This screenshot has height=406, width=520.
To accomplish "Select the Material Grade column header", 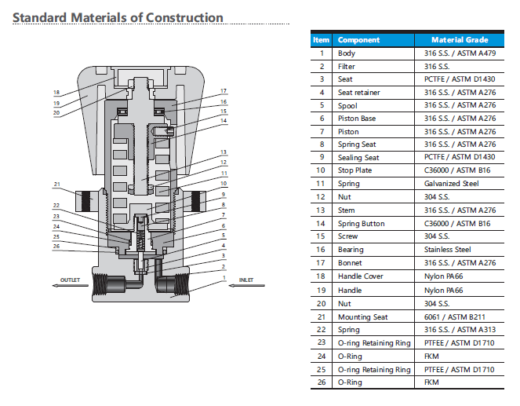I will click(x=460, y=40).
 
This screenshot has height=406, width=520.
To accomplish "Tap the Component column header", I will click(x=358, y=40).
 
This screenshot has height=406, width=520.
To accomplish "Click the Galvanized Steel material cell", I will click(x=451, y=184).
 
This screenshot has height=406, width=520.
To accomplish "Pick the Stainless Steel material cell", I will click(x=447, y=250).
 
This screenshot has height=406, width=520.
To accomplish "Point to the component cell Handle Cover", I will click(x=362, y=276).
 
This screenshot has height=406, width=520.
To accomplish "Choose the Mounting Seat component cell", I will click(x=362, y=316).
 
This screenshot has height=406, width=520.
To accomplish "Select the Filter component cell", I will click(x=347, y=66).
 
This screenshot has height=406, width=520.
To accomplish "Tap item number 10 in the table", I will click(x=321, y=171).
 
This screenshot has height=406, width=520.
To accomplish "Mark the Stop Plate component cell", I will click(x=355, y=171).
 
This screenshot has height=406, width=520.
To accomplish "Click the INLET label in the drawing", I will click(x=245, y=280).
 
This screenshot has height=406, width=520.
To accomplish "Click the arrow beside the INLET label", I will click(x=244, y=286).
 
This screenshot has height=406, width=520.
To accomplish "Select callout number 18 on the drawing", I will click(x=56, y=93).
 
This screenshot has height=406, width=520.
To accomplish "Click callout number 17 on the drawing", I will click(x=224, y=91).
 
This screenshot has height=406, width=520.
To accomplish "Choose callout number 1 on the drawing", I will click(x=224, y=277).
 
